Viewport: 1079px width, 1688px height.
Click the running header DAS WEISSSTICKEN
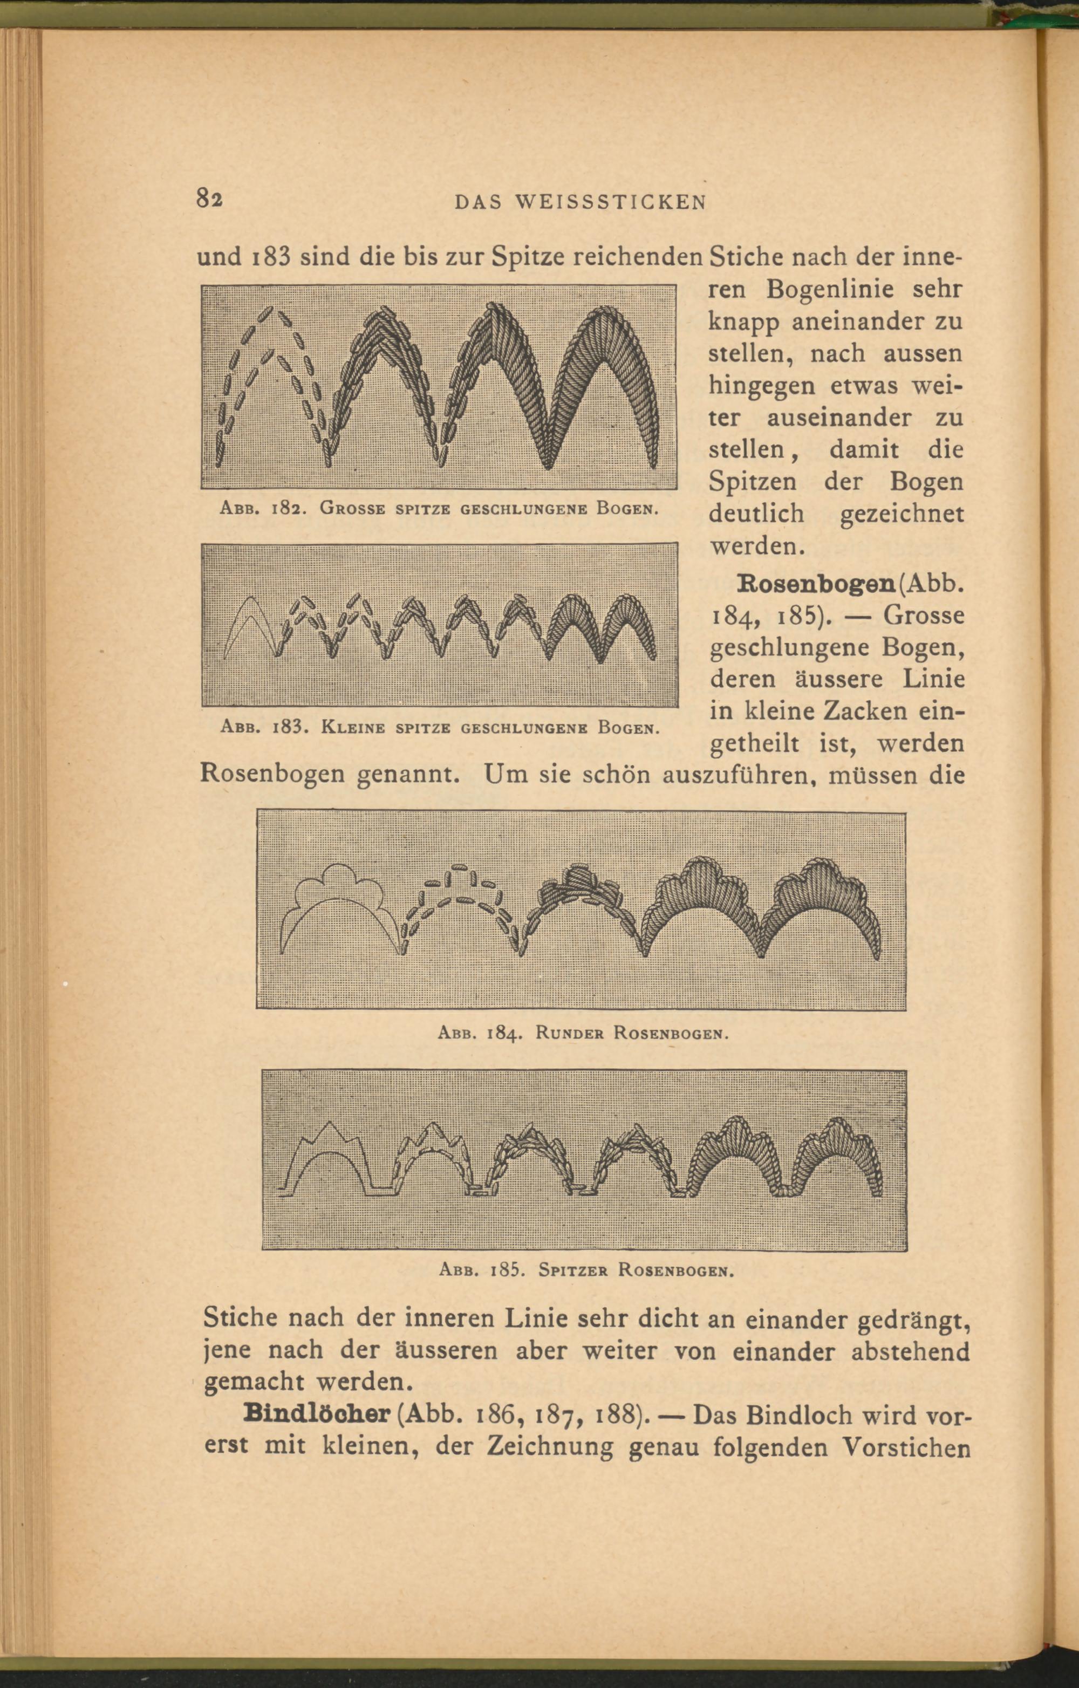(x=581, y=203)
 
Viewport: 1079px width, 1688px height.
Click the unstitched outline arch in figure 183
(x=246, y=625)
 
